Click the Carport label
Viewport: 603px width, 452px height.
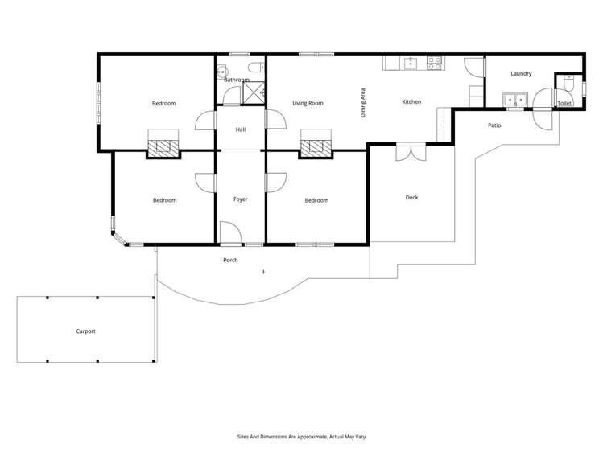pyautogui.click(x=86, y=331)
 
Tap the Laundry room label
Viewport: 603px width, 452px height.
pyautogui.click(x=521, y=74)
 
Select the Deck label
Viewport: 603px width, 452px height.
pyautogui.click(x=411, y=197)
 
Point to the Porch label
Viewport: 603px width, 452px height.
pyautogui.click(x=231, y=260)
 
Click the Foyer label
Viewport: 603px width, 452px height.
pyautogui.click(x=240, y=199)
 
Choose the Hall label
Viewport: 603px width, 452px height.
pyautogui.click(x=240, y=129)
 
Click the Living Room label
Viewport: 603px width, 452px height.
pyautogui.click(x=308, y=103)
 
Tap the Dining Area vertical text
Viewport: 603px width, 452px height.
pyautogui.click(x=363, y=103)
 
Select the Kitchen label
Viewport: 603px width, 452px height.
pyautogui.click(x=411, y=102)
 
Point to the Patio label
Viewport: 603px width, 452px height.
pyautogui.click(x=494, y=125)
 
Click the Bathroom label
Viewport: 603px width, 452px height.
pyautogui.click(x=236, y=80)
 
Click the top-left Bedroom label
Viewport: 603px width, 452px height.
pyautogui.click(x=164, y=103)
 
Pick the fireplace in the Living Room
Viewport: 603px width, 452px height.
pyautogui.click(x=316, y=147)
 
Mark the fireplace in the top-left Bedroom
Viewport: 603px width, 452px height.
pyautogui.click(x=163, y=147)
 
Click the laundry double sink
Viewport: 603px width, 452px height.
pyautogui.click(x=513, y=100)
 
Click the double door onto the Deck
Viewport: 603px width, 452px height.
pyautogui.click(x=410, y=150)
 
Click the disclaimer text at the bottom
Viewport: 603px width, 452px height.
pyautogui.click(x=301, y=436)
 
